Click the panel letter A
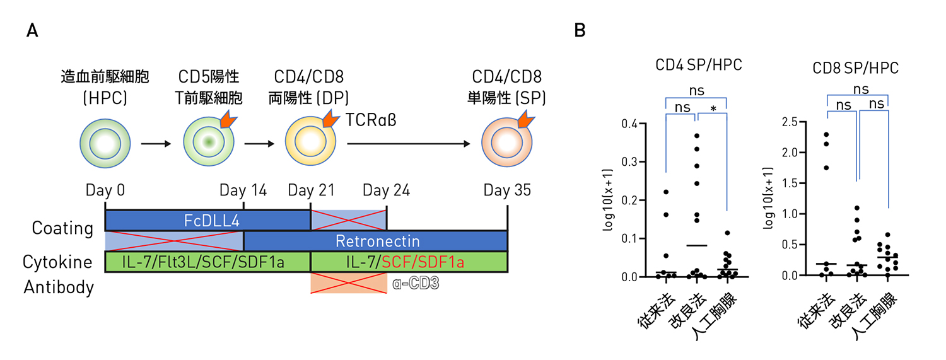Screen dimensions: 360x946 32,31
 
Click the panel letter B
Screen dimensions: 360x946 580,31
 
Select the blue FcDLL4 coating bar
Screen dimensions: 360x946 207,220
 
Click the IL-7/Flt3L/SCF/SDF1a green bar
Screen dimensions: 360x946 207,261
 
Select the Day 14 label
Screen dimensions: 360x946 243,190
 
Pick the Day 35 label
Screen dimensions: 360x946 507,190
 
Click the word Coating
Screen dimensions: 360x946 62,228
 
